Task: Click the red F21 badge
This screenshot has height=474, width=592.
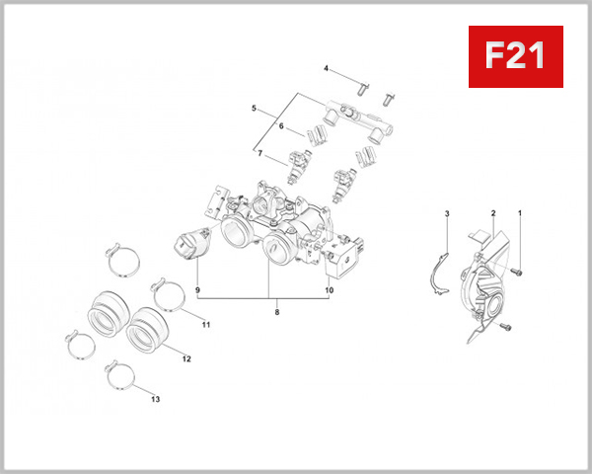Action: coord(514,56)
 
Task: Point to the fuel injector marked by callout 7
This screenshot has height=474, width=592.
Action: coord(298,166)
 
